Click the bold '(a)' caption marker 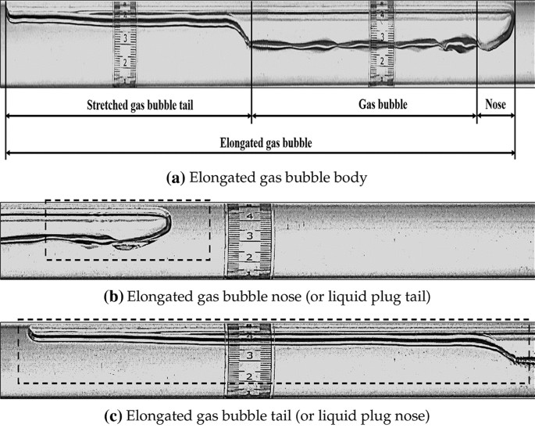point(175,178)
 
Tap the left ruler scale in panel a point(125,43)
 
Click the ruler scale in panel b point(249,240)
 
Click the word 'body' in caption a point(348,178)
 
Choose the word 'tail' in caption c point(287,412)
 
